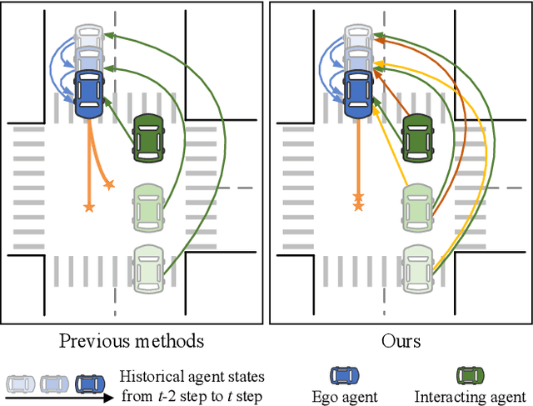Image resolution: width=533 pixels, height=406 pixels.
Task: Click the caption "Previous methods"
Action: click(132, 340)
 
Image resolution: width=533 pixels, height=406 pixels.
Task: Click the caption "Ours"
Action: click(400, 340)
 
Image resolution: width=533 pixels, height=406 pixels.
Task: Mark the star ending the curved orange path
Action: click(107, 183)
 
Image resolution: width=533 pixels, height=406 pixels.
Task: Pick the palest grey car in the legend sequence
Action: click(20, 383)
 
